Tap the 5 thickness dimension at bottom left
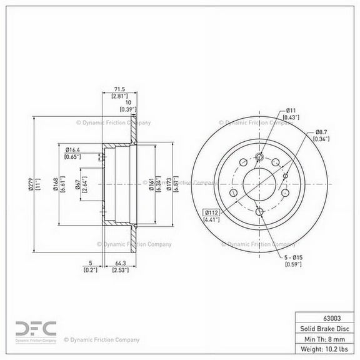(x=90, y=262)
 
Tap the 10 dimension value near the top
(x=128, y=102)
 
